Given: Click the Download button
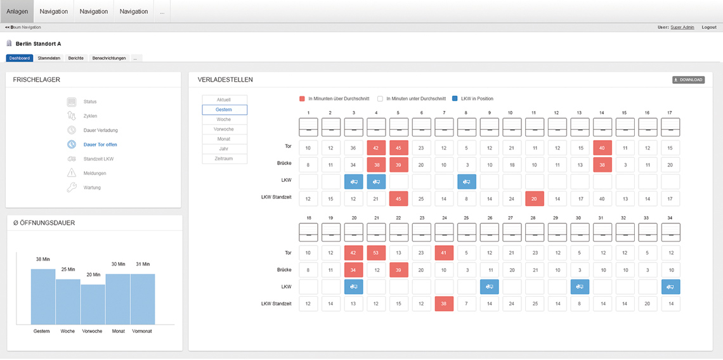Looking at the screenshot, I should (x=688, y=80).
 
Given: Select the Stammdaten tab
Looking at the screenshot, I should (x=49, y=58).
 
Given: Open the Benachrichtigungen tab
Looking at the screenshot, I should (x=109, y=58).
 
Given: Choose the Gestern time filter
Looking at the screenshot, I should (x=224, y=110).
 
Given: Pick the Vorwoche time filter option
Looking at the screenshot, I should (x=224, y=129).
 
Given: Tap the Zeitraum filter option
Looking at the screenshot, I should (x=224, y=158).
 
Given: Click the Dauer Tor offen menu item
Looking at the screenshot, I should (x=100, y=145).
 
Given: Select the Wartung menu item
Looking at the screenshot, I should (x=92, y=188).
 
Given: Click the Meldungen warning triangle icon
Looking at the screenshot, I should (x=72, y=173).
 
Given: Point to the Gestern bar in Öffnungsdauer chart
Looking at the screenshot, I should (x=43, y=296).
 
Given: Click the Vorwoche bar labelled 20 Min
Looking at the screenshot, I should (x=93, y=304).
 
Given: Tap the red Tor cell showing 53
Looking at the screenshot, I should (x=376, y=252).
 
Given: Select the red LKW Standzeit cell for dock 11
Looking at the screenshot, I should (x=535, y=199).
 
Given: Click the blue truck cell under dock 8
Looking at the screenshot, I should (x=466, y=182).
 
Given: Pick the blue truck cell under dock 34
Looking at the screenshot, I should (x=670, y=286).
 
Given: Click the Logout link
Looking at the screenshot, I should (x=709, y=27).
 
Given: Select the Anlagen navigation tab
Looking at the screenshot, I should (x=17, y=11).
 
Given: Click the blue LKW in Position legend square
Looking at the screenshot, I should (x=455, y=99).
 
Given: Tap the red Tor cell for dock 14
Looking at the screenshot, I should (x=602, y=148).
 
